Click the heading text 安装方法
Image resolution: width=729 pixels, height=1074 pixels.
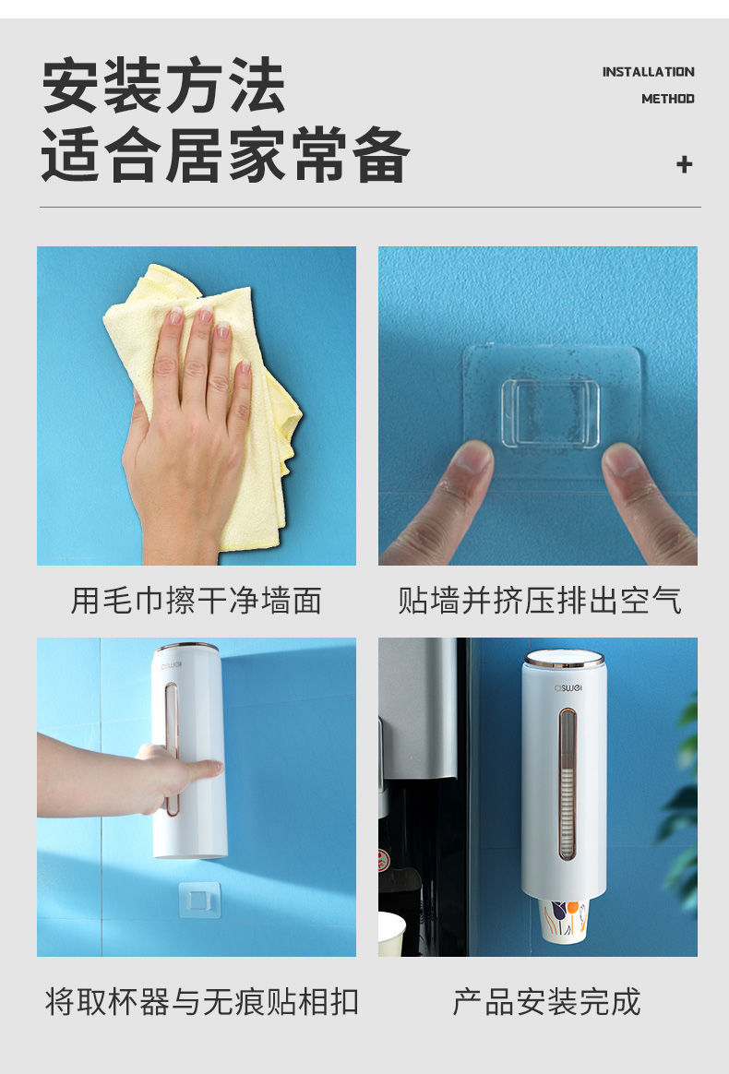point(163,86)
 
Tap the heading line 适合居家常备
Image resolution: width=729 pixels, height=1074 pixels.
point(225,155)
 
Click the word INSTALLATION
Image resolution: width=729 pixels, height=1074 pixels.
point(648,72)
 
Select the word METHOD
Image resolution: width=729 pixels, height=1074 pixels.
point(667,99)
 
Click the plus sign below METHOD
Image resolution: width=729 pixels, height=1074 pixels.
point(684,165)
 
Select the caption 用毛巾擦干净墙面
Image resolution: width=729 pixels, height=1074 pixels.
point(197,601)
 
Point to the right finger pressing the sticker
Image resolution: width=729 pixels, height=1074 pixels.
point(646,498)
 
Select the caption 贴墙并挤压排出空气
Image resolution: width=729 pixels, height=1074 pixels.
point(539,601)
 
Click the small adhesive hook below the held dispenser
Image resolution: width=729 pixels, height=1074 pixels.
point(201,901)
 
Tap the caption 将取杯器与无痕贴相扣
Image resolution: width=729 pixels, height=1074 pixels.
point(201,1001)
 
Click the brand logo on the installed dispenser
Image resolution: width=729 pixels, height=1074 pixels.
point(564,686)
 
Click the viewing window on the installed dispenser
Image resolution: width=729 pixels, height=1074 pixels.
point(566,784)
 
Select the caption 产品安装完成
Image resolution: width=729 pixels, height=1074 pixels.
point(546,1001)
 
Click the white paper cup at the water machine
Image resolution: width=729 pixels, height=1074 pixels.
point(392,934)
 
